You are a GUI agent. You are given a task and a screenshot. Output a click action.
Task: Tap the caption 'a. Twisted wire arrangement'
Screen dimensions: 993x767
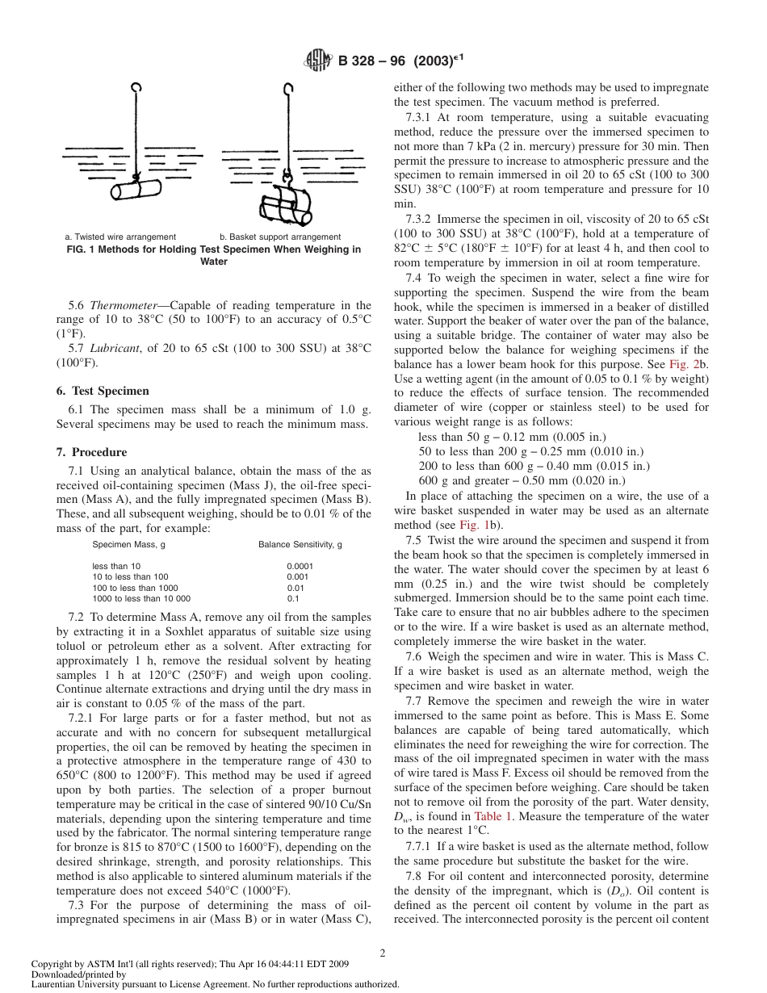click(120, 237)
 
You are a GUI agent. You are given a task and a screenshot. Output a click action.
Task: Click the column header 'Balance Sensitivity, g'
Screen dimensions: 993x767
click(300, 545)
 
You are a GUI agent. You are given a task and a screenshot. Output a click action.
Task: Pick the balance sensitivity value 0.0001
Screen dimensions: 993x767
click(300, 566)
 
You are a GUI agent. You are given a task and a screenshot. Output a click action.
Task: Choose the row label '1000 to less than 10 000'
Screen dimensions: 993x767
click(140, 599)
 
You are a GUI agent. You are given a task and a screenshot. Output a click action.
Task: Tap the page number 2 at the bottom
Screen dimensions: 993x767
click(383, 953)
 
